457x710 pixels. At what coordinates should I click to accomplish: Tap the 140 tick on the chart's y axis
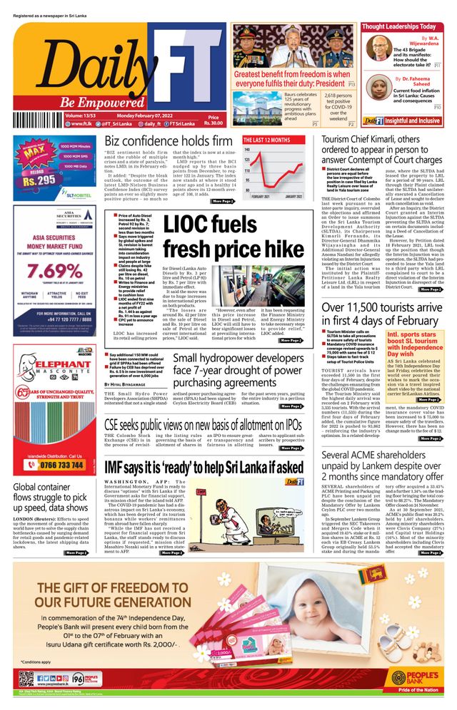pyautogui.click(x=247, y=150)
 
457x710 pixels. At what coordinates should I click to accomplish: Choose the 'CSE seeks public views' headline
pyautogui.click(x=204, y=425)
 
